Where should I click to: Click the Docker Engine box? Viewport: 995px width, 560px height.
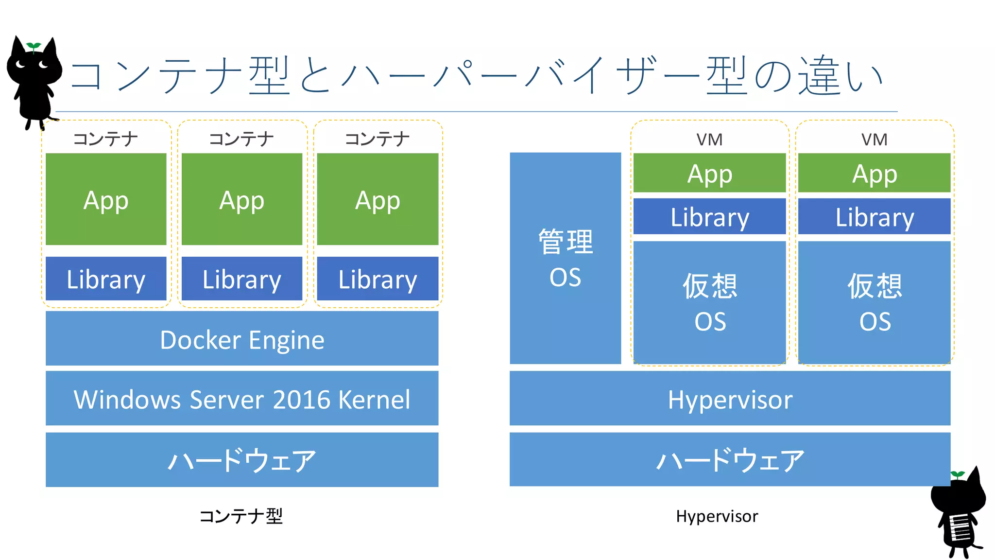click(x=242, y=339)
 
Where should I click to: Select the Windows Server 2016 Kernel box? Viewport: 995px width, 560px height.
click(x=242, y=399)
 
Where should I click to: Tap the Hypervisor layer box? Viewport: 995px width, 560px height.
click(x=730, y=399)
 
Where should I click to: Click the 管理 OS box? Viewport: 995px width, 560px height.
click(x=565, y=258)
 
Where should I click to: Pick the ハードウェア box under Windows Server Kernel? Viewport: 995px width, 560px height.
click(x=242, y=460)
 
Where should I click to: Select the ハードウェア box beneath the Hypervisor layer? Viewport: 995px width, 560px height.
click(x=730, y=460)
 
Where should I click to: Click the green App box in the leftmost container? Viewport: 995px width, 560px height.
click(x=106, y=199)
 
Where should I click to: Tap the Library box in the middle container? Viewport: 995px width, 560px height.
click(x=242, y=279)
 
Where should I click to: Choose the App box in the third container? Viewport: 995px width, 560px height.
click(x=377, y=199)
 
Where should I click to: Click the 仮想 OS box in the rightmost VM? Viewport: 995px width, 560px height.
click(x=875, y=302)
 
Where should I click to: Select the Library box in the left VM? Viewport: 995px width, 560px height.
click(x=709, y=216)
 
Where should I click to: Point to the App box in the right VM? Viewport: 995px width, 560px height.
click(x=875, y=173)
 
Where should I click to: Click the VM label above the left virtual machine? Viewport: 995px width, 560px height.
click(x=709, y=140)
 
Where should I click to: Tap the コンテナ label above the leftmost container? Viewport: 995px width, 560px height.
click(x=105, y=139)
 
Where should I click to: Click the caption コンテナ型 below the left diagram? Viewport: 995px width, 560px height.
click(x=241, y=516)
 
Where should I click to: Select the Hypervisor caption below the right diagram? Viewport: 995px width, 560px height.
click(x=717, y=516)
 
